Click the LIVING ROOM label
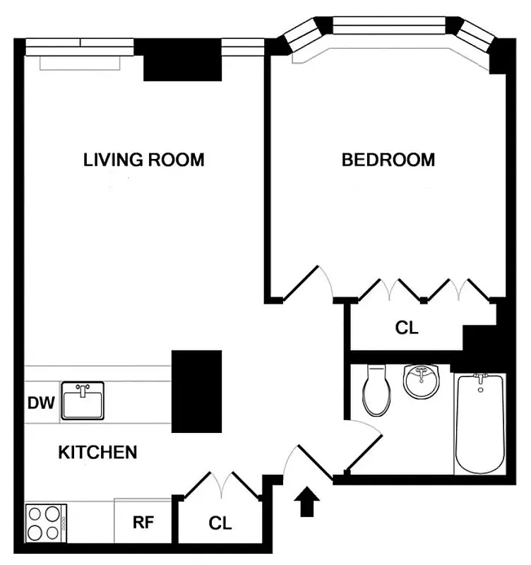pyautogui.click(x=144, y=160)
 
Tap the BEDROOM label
pyautogui.click(x=388, y=160)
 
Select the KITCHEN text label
pyautogui.click(x=97, y=452)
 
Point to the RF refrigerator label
pyautogui.click(x=143, y=523)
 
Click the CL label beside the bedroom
pyautogui.click(x=406, y=328)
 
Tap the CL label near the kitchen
pyautogui.click(x=220, y=523)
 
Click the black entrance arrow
pyautogui.click(x=307, y=503)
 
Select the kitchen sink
pyautogui.click(x=83, y=400)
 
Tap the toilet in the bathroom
pyautogui.click(x=376, y=391)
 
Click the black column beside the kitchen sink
pyautogui.click(x=197, y=391)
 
